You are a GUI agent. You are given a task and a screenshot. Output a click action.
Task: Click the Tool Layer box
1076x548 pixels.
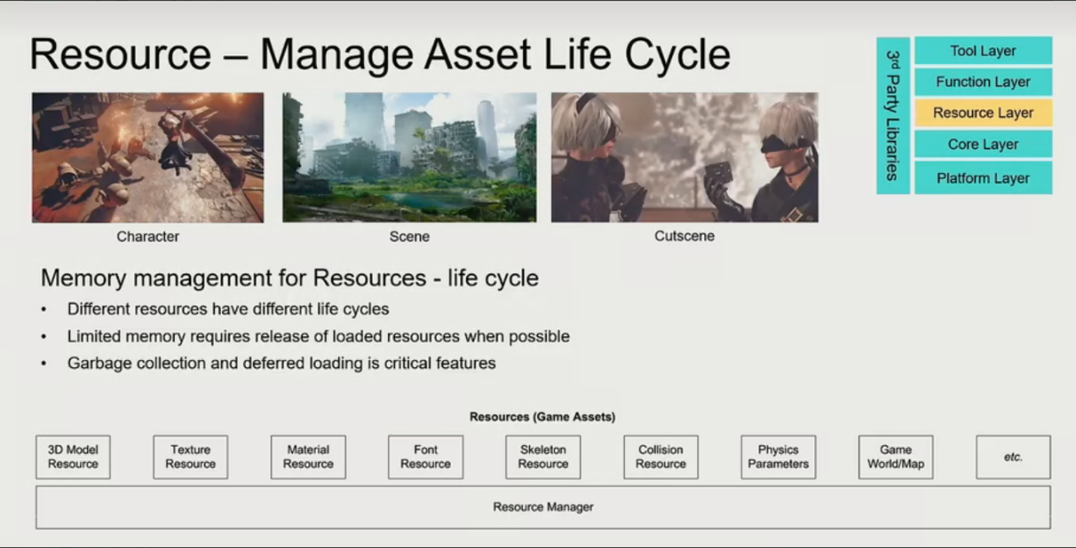click(983, 50)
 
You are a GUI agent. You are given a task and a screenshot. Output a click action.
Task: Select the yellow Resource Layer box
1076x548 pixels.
click(983, 112)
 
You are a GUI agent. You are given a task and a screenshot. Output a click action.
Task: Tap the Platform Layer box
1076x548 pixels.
click(983, 178)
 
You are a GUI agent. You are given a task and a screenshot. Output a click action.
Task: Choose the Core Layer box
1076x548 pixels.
click(983, 144)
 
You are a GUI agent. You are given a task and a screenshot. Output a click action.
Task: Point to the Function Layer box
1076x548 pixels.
click(983, 82)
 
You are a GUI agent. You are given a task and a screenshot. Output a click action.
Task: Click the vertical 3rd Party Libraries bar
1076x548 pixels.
click(893, 116)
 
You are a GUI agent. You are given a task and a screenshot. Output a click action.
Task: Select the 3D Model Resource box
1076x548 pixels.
click(73, 457)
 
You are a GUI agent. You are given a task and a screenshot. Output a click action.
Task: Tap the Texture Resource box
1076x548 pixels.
click(190, 457)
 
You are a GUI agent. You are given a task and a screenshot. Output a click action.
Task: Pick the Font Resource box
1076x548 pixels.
click(426, 457)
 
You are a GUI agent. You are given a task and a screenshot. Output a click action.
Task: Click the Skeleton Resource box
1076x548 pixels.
click(543, 457)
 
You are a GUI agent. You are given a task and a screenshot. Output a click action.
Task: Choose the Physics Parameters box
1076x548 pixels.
click(778, 457)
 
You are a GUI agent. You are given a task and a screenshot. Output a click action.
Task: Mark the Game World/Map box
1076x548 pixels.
click(896, 457)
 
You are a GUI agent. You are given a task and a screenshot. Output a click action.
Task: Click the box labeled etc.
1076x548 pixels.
click(1014, 457)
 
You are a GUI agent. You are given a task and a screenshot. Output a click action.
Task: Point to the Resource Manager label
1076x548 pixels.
click(543, 507)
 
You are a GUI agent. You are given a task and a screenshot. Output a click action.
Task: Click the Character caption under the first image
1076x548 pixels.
click(148, 236)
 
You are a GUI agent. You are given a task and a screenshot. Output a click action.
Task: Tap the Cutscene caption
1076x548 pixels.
click(685, 236)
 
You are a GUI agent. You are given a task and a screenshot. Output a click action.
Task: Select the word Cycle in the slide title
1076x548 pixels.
click(678, 55)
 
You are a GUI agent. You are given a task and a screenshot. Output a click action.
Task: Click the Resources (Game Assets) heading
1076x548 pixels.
click(542, 417)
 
